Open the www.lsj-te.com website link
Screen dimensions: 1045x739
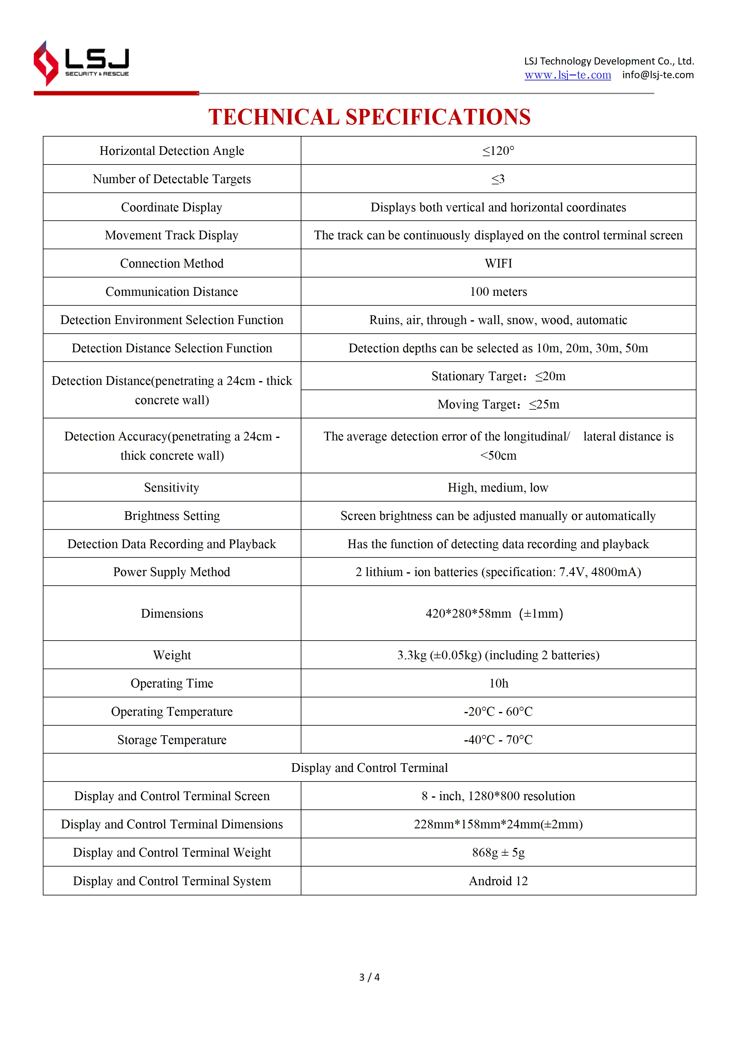click(x=567, y=75)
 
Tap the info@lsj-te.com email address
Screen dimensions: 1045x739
click(x=658, y=75)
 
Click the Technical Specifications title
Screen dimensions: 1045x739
click(x=369, y=117)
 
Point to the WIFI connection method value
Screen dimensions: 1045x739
click(x=498, y=264)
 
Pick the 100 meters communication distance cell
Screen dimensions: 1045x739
click(x=498, y=292)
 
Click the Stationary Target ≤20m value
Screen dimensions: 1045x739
click(x=498, y=376)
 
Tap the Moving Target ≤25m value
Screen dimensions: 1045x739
click(x=498, y=405)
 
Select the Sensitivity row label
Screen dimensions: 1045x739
click(x=172, y=488)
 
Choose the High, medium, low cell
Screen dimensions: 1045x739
click(x=498, y=488)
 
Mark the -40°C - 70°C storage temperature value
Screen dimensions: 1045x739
click(x=498, y=740)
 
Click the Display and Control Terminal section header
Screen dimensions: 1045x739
click(x=369, y=768)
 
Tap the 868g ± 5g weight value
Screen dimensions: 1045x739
click(x=498, y=853)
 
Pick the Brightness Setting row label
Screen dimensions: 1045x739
click(x=172, y=516)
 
